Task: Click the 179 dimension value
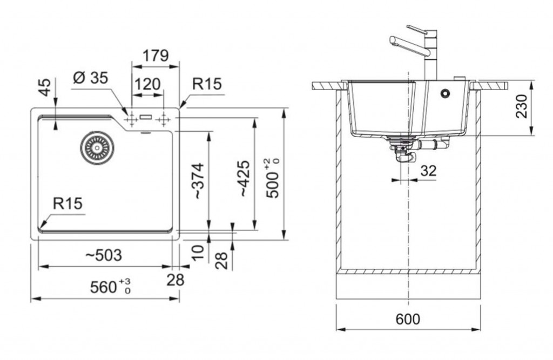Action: pos(156,56)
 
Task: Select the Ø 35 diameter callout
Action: pos(90,78)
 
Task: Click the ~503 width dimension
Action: pos(104,255)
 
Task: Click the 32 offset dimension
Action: pos(428,171)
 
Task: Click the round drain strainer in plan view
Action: pos(97,147)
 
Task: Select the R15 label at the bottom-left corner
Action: pos(67,203)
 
